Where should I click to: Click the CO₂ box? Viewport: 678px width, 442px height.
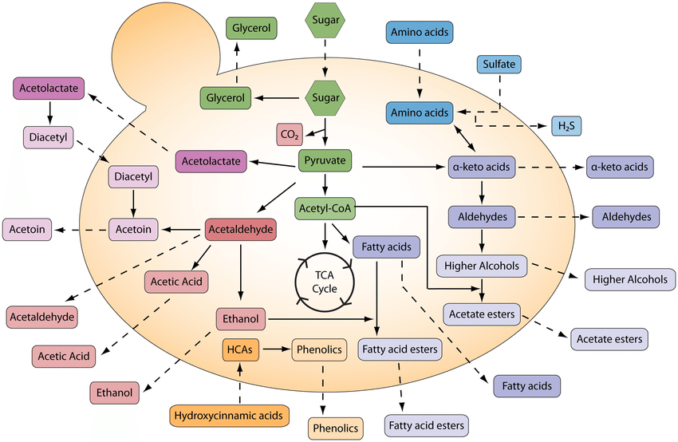tap(290, 135)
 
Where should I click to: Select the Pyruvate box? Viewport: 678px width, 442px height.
tap(325, 160)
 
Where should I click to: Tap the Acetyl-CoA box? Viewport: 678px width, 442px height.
tap(325, 208)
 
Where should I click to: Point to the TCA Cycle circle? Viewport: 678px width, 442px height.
tap(325, 282)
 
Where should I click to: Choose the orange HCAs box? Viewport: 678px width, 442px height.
tap(240, 349)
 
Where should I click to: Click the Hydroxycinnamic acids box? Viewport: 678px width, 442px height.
tap(229, 416)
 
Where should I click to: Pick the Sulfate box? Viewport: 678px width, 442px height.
tap(499, 64)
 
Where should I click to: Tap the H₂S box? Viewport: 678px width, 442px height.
tap(566, 126)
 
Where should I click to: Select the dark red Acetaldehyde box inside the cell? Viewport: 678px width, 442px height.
tap(241, 229)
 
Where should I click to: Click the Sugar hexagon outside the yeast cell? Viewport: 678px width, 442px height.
tap(325, 20)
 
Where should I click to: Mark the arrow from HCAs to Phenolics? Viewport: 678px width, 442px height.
tap(276, 349)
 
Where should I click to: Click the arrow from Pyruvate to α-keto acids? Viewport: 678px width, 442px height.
tap(404, 167)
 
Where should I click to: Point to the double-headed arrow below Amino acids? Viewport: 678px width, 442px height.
tap(464, 138)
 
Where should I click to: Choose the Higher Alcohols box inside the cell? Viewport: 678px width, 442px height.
tap(482, 266)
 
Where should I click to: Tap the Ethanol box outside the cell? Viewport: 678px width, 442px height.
tap(115, 393)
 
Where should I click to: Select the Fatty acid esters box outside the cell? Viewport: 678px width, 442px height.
tap(427, 425)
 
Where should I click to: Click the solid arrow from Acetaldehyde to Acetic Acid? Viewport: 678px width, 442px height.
tap(201, 258)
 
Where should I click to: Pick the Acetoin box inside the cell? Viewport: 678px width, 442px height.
tap(133, 229)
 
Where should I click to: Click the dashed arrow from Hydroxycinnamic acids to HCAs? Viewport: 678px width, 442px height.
tap(239, 384)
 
